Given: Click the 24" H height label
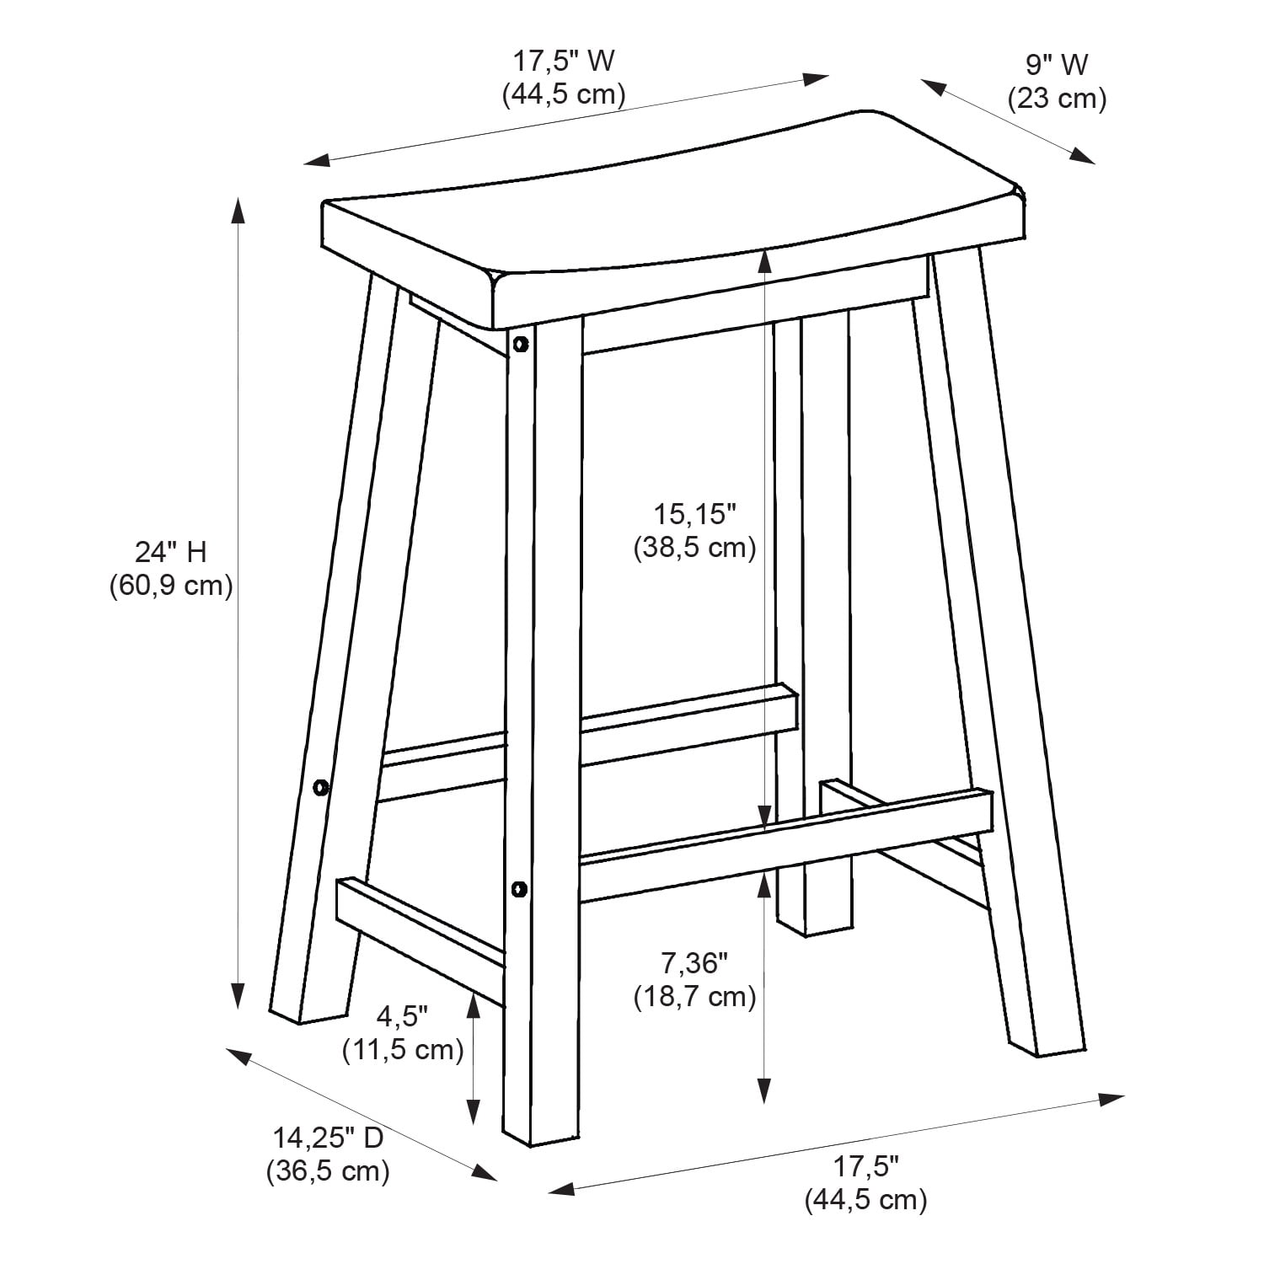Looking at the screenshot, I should point(170,552).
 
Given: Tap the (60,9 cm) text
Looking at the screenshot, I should point(170,586).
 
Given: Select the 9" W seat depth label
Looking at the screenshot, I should point(1057,64).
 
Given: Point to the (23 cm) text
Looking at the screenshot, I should point(1057,99).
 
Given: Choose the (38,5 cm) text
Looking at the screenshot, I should point(694,548).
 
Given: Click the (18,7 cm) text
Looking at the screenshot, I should point(694,997).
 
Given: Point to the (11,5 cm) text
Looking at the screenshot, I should point(403,1050).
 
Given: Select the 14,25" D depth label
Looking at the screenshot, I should point(328,1138).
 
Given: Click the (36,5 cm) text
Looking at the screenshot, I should point(328,1171).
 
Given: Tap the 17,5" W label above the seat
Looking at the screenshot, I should point(564,61).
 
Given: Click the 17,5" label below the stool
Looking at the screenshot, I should point(866,1166).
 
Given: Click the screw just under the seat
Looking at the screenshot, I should point(520,344).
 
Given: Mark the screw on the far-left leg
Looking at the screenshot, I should point(320,788).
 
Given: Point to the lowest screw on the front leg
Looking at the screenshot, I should point(519,888).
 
